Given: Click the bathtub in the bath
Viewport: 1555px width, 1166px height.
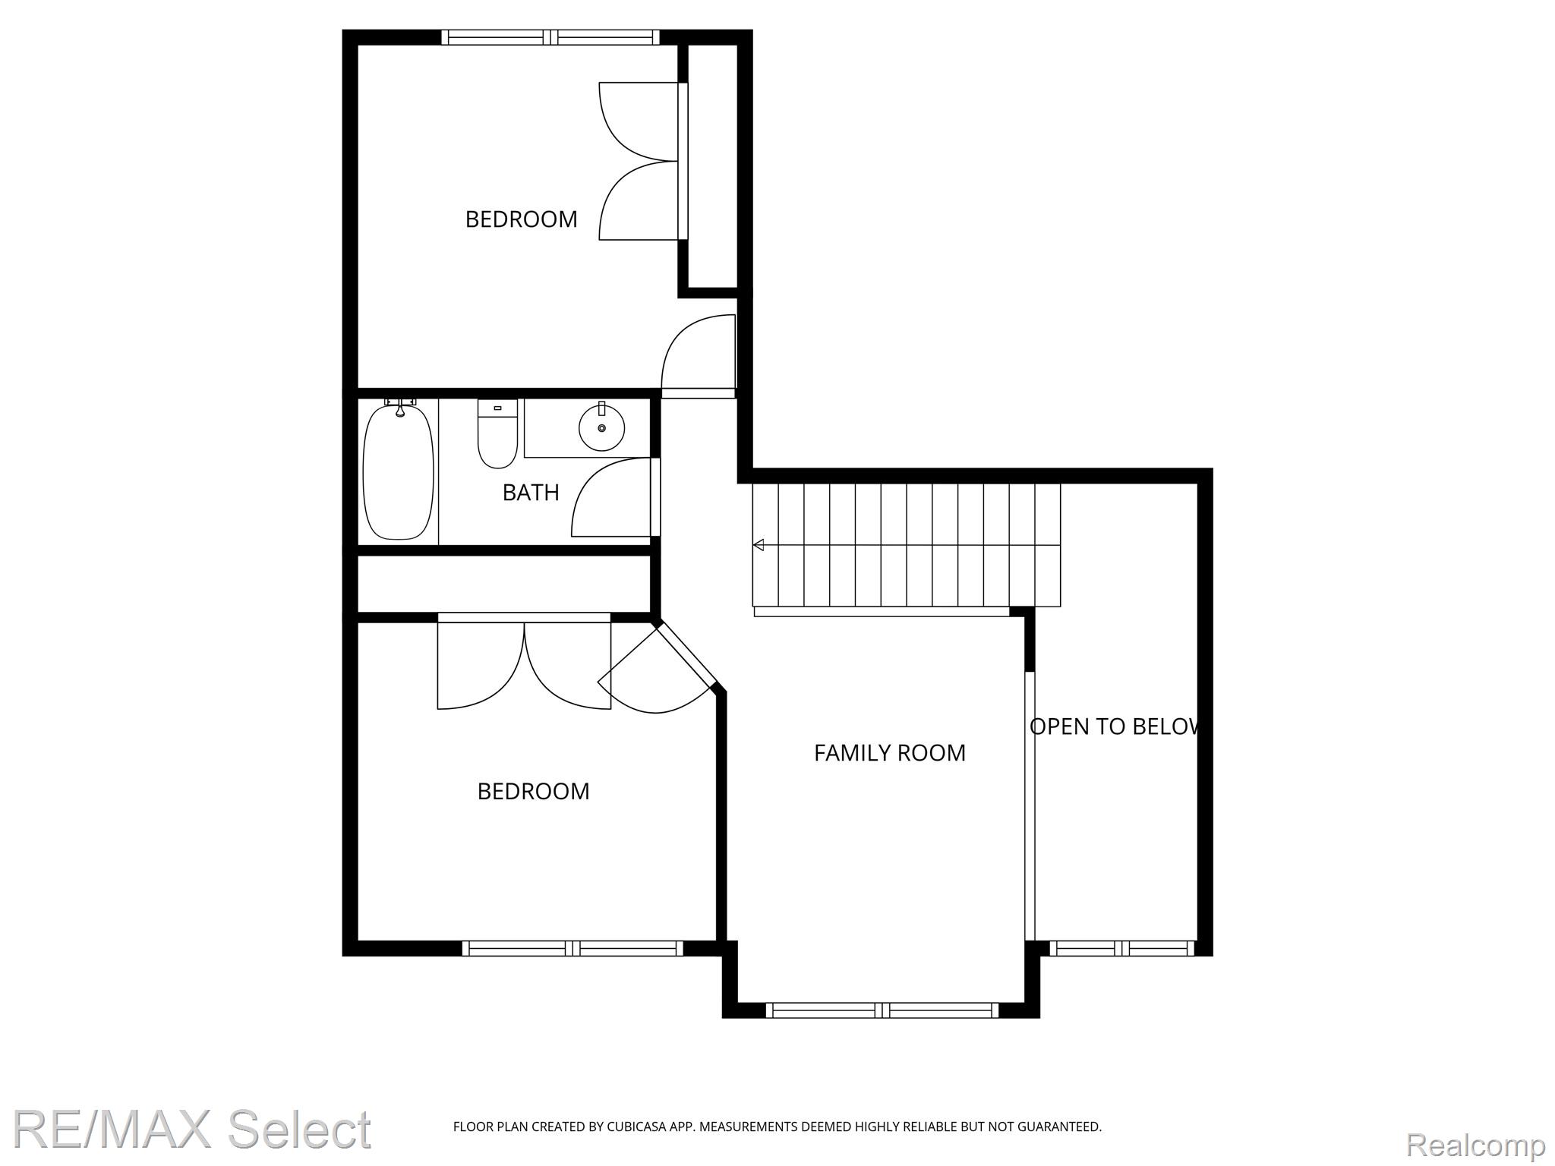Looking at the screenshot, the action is (x=399, y=472).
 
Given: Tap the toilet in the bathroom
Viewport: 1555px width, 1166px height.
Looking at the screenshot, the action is (x=497, y=433).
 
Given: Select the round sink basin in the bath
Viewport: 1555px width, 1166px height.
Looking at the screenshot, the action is (x=602, y=427).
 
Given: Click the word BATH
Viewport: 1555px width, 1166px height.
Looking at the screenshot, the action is (x=531, y=493).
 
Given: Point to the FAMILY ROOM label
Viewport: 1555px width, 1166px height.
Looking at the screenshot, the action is (x=890, y=752).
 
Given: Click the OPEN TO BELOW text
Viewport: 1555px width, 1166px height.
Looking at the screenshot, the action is (x=1115, y=726).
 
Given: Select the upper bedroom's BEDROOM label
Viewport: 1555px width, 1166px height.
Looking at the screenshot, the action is (x=521, y=219).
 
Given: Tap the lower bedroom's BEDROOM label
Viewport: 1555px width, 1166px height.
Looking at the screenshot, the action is (x=533, y=792).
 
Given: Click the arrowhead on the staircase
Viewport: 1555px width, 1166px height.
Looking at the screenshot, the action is (x=759, y=544).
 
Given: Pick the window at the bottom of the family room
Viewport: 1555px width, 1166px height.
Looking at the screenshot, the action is (x=882, y=1010).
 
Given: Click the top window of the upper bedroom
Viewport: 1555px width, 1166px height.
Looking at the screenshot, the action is (x=551, y=36).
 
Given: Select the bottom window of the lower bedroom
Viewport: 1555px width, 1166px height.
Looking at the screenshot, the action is (x=573, y=947).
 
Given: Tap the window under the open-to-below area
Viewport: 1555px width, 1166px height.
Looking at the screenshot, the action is (x=1121, y=947).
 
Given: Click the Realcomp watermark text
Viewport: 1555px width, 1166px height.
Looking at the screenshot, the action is (x=1476, y=1144).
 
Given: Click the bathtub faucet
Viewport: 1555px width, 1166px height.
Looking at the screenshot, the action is (x=400, y=406).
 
